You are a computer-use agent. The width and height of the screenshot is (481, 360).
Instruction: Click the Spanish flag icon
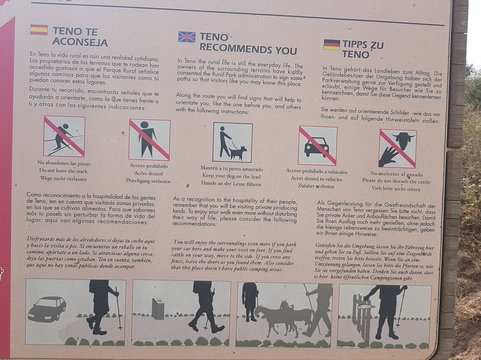[x=39, y=30]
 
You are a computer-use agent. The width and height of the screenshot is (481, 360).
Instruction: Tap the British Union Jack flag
[x=187, y=37]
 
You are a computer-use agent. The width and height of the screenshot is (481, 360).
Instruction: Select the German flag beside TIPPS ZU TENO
[x=332, y=45]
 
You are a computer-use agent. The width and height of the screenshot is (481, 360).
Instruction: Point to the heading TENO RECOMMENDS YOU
[x=248, y=44]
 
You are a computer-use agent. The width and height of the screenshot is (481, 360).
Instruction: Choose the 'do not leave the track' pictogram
[x=64, y=136]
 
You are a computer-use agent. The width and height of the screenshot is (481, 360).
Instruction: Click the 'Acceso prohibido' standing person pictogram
[x=149, y=139]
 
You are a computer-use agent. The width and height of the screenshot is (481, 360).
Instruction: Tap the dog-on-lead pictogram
[x=232, y=143]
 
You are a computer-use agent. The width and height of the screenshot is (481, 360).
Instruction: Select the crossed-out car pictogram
[x=318, y=146]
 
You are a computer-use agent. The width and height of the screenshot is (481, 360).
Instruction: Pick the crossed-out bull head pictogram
[x=398, y=148]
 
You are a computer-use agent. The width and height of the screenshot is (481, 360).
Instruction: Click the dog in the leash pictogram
[x=238, y=152]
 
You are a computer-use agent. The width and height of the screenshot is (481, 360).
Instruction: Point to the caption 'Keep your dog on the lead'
[x=231, y=176]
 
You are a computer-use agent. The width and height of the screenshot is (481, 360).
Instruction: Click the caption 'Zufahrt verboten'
[x=316, y=186]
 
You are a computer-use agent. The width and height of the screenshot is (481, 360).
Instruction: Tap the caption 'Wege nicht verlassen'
[x=64, y=178]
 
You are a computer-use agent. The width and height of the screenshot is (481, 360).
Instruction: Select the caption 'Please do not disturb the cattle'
[x=396, y=181]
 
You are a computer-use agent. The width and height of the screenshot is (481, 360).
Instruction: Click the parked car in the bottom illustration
[x=47, y=309]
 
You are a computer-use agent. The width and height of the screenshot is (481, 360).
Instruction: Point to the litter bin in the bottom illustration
[x=158, y=309]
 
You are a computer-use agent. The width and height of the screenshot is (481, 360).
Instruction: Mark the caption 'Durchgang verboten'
[x=148, y=181]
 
